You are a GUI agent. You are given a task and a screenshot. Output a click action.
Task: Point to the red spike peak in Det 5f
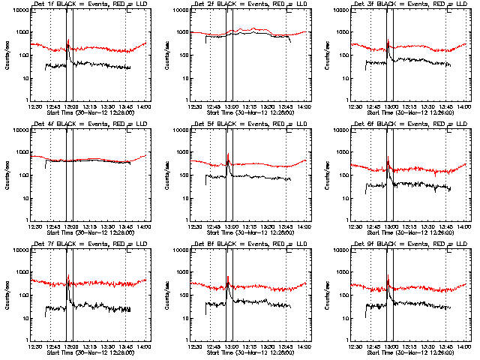coord(228,154)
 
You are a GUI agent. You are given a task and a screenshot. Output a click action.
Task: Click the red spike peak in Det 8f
coord(228,277)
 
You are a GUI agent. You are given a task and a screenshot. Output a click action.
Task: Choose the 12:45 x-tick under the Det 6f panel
coord(373,226)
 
